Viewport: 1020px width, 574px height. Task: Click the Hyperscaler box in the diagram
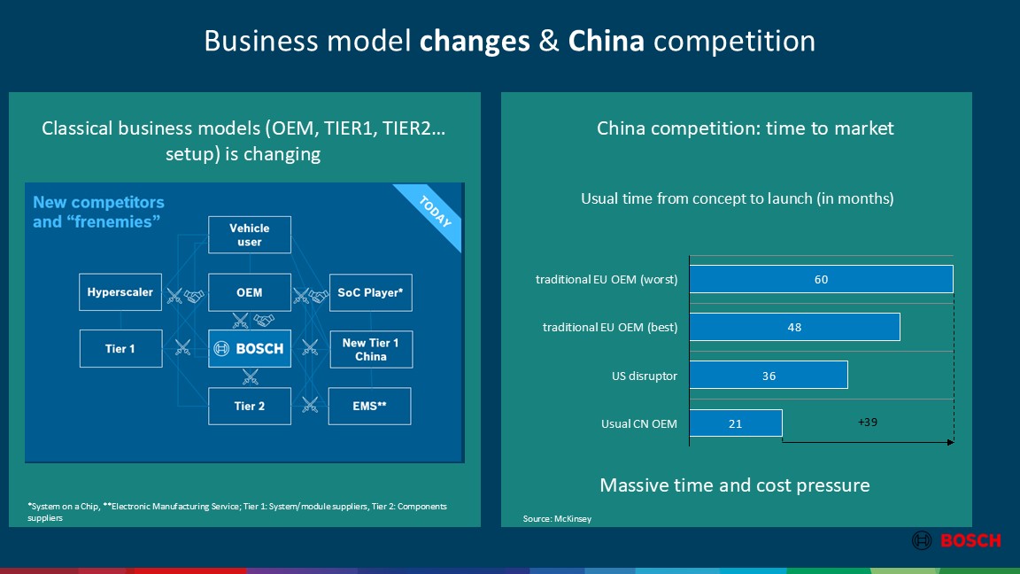[120, 292]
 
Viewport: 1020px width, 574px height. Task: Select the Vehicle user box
[249, 235]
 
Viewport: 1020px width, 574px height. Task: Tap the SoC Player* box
[370, 293]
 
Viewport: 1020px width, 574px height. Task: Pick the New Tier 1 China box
[371, 350]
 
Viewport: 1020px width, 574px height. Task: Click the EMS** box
[369, 406]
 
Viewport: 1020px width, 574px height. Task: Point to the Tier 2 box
[249, 406]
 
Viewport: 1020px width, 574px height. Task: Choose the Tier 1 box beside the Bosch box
[120, 349]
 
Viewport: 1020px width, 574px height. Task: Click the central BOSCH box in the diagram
[249, 349]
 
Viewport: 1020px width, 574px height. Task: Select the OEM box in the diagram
[249, 293]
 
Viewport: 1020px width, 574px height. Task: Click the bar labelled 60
[821, 279]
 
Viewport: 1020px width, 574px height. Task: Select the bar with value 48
[794, 327]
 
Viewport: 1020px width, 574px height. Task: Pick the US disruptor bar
[769, 375]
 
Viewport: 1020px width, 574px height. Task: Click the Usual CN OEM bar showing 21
[735, 423]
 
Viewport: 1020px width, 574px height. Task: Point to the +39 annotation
[867, 423]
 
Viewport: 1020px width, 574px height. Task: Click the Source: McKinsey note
[557, 519]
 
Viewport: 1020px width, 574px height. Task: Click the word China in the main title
[607, 41]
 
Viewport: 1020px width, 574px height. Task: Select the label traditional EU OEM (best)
[610, 328]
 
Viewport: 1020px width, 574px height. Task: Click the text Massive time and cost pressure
[734, 485]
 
